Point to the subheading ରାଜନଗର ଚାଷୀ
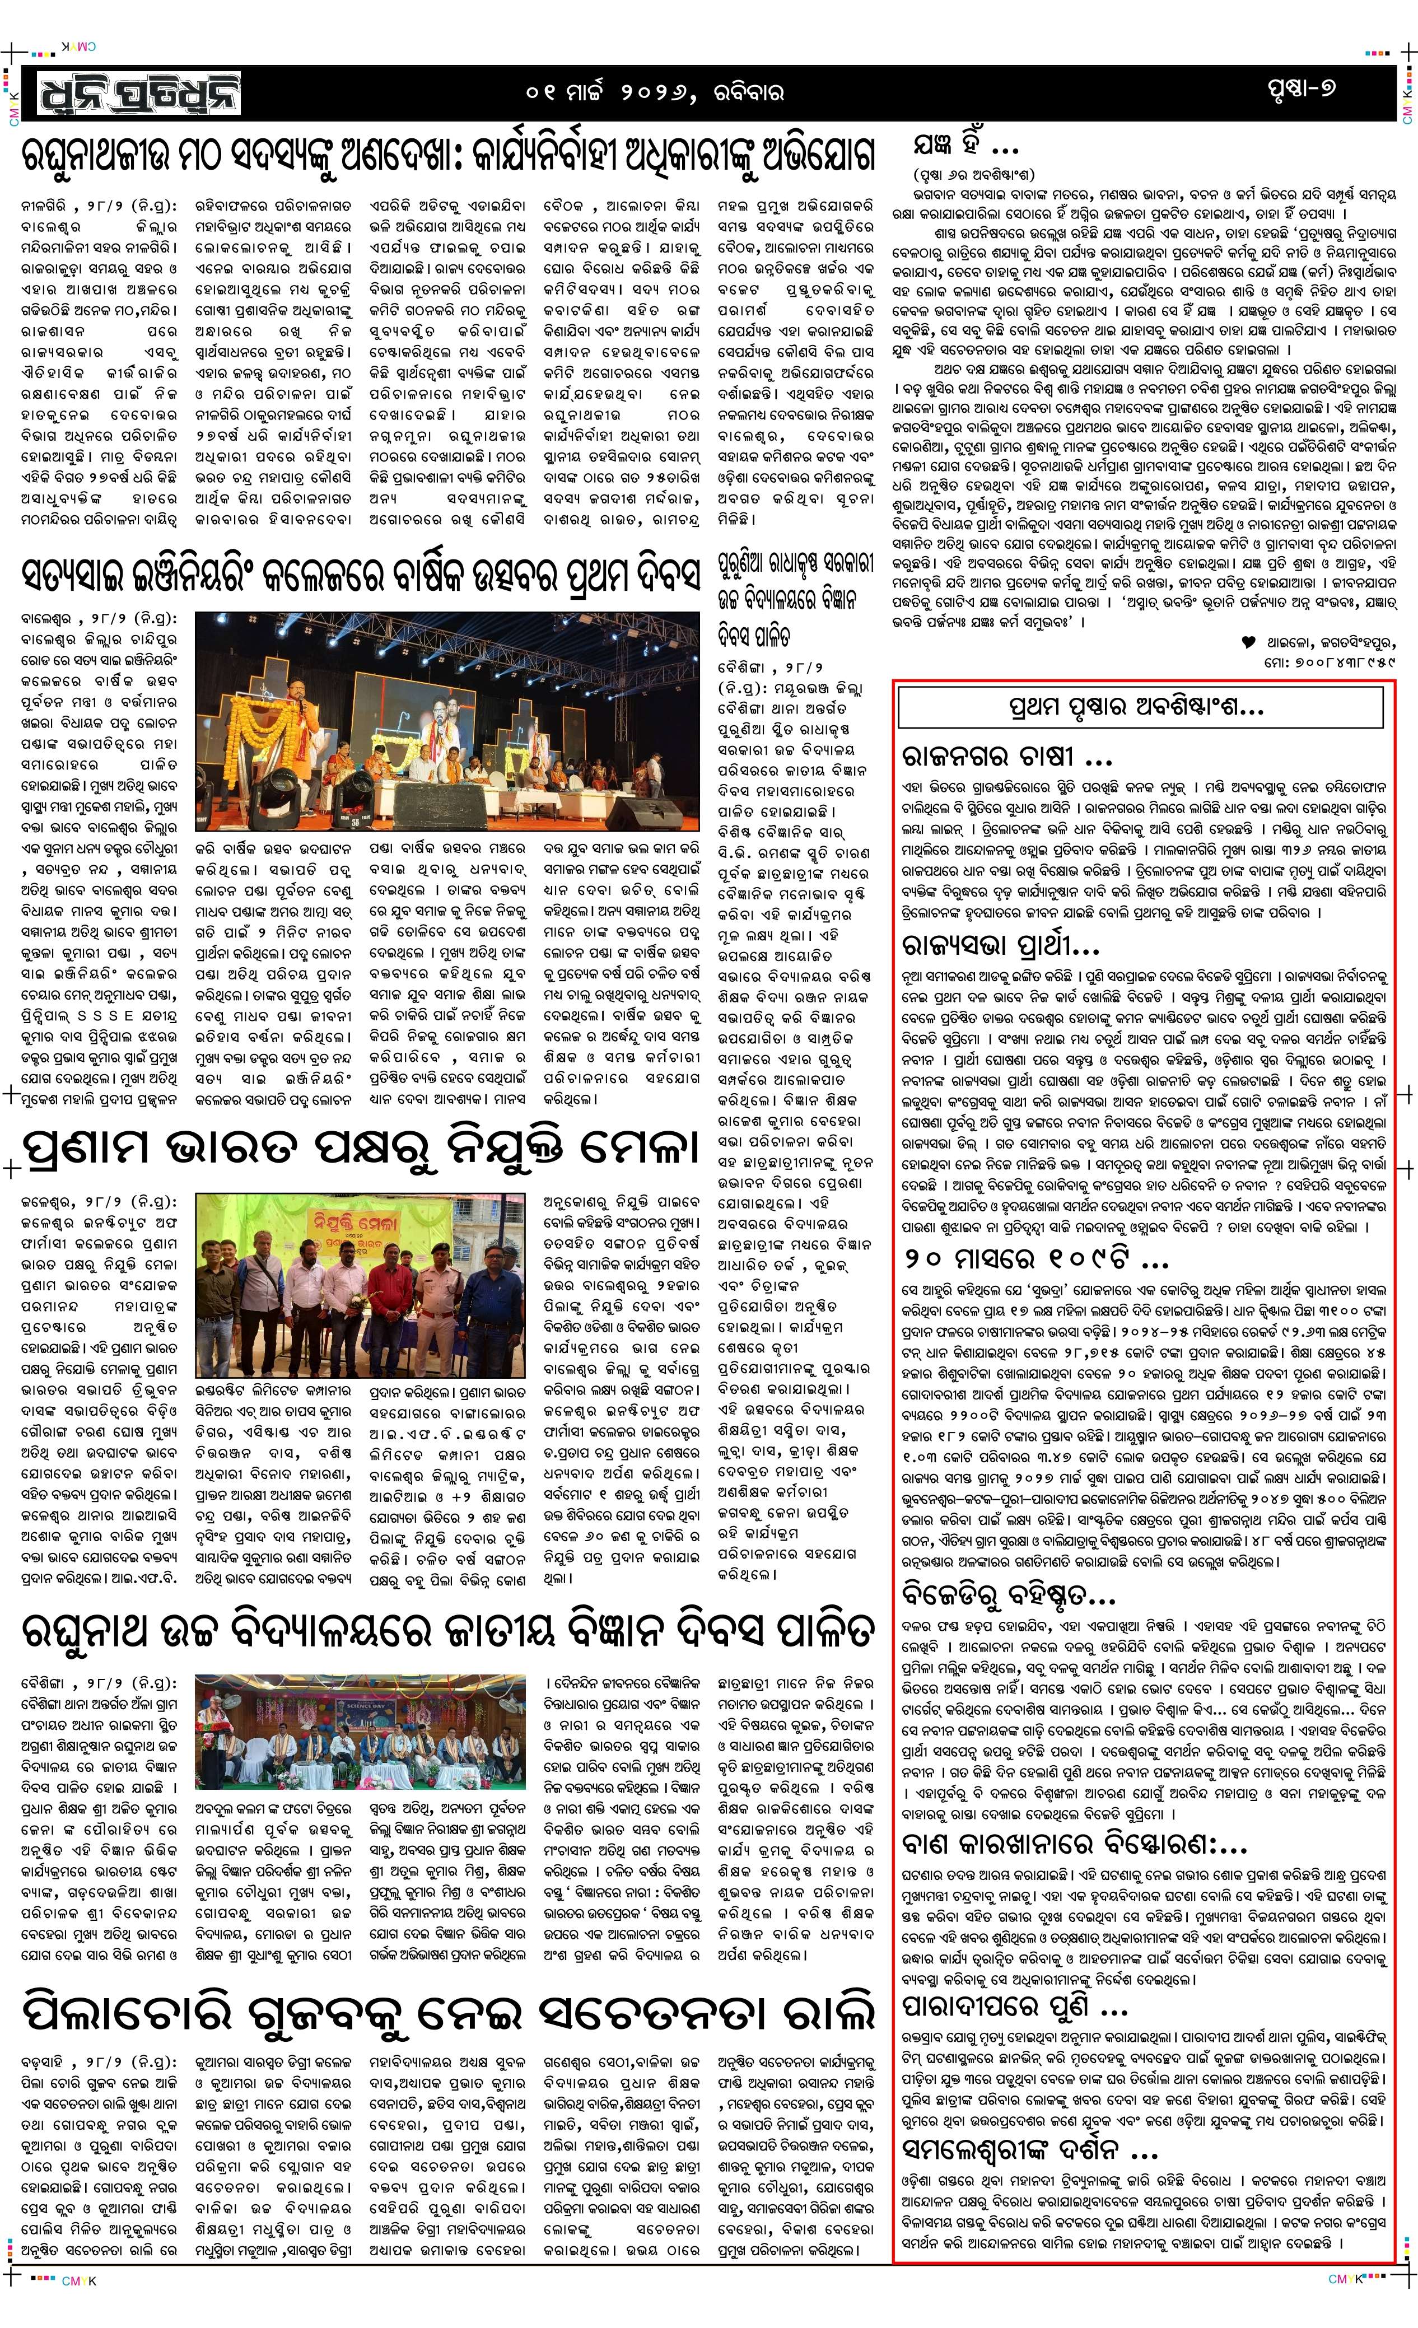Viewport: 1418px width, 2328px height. tap(1006, 757)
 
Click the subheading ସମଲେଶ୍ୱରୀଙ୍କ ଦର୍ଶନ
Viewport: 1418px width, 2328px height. tap(1030, 2152)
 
